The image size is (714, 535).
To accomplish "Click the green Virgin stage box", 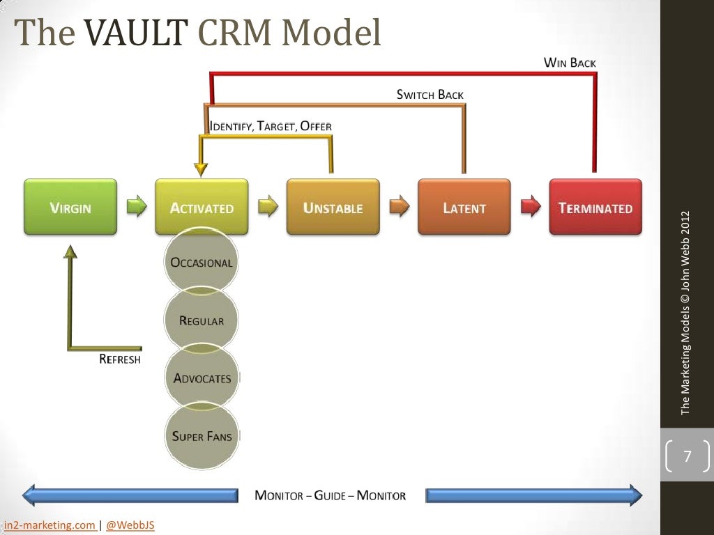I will click(70, 207).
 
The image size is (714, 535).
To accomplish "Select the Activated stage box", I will click(202, 207).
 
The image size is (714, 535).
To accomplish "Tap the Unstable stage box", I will click(333, 207).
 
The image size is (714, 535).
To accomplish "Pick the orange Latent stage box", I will click(464, 207).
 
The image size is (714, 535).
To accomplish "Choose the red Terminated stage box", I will click(595, 207).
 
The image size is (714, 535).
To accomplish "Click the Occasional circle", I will click(202, 263).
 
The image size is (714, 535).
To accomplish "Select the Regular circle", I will click(202, 320).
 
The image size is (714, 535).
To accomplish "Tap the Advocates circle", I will click(202, 378).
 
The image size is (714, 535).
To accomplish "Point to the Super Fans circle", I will click(202, 436).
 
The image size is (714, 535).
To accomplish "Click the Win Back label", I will click(570, 63).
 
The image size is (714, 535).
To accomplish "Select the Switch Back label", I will click(430, 95).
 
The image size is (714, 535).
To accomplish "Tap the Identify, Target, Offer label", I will click(271, 126).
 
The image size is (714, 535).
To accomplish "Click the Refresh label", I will click(120, 359).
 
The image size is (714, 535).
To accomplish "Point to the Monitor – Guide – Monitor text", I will click(330, 496).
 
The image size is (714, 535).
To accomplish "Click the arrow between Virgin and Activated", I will click(137, 206).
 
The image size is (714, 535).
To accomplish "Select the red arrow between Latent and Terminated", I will click(531, 206).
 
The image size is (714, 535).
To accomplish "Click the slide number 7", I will click(687, 457).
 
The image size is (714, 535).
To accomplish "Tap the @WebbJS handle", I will click(130, 525).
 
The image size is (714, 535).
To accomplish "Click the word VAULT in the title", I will click(137, 32).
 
